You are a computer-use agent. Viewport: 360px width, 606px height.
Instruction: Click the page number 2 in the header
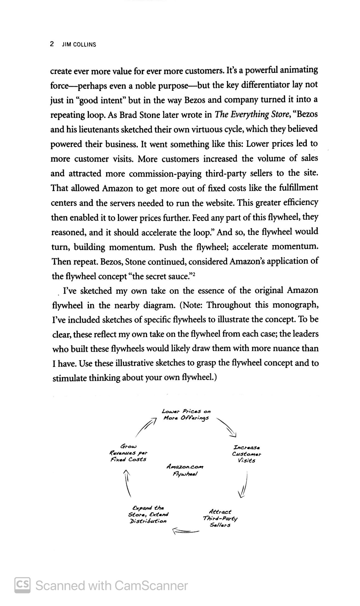click(x=52, y=44)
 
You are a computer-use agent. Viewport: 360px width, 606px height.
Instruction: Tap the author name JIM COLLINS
click(x=79, y=45)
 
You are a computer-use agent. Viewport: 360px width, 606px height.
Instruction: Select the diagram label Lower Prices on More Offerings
click(x=186, y=415)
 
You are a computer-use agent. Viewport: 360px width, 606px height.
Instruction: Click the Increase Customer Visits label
click(x=246, y=454)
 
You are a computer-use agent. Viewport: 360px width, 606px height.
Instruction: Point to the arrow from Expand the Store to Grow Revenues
click(x=127, y=483)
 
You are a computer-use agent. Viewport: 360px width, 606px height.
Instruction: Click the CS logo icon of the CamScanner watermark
click(x=22, y=585)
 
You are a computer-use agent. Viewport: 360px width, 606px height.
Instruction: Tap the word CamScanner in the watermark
click(x=151, y=586)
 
